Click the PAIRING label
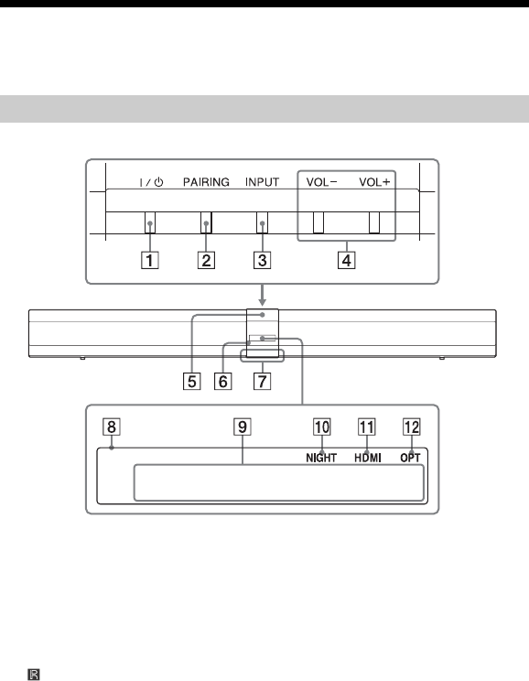coord(206,182)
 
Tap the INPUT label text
coord(262,182)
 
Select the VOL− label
coord(321,182)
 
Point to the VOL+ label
coord(374,182)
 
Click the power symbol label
coord(151,182)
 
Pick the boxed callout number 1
coord(150,260)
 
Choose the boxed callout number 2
coord(206,260)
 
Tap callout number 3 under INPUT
coord(263,260)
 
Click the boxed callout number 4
coord(347,260)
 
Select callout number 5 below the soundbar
coord(191,382)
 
